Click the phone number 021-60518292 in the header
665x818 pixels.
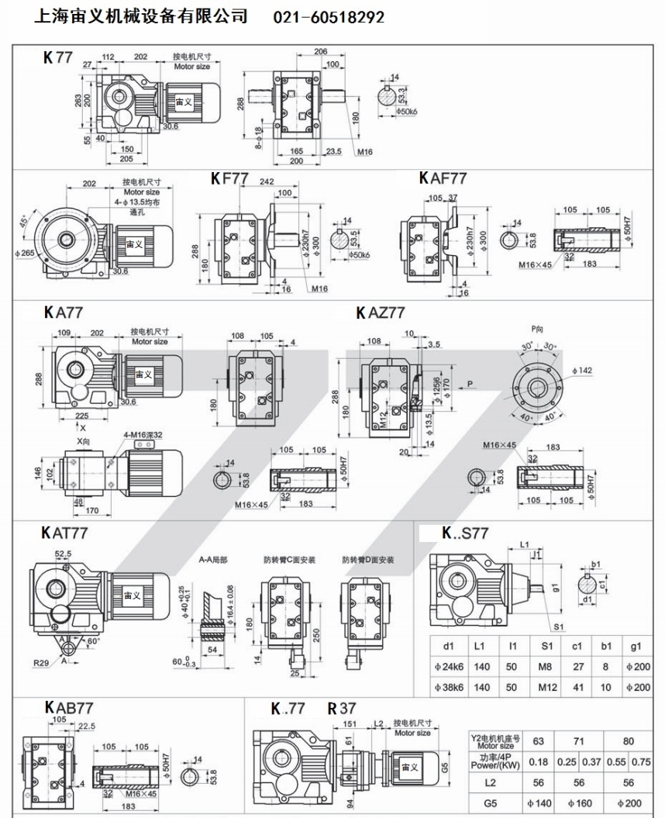329,16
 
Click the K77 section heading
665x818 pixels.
58,57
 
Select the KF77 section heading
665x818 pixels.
229,178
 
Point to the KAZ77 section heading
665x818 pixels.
381,312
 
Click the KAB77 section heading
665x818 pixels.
69,707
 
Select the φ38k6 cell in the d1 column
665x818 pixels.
449,687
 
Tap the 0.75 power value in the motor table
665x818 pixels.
641,761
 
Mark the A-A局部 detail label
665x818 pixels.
212,558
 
